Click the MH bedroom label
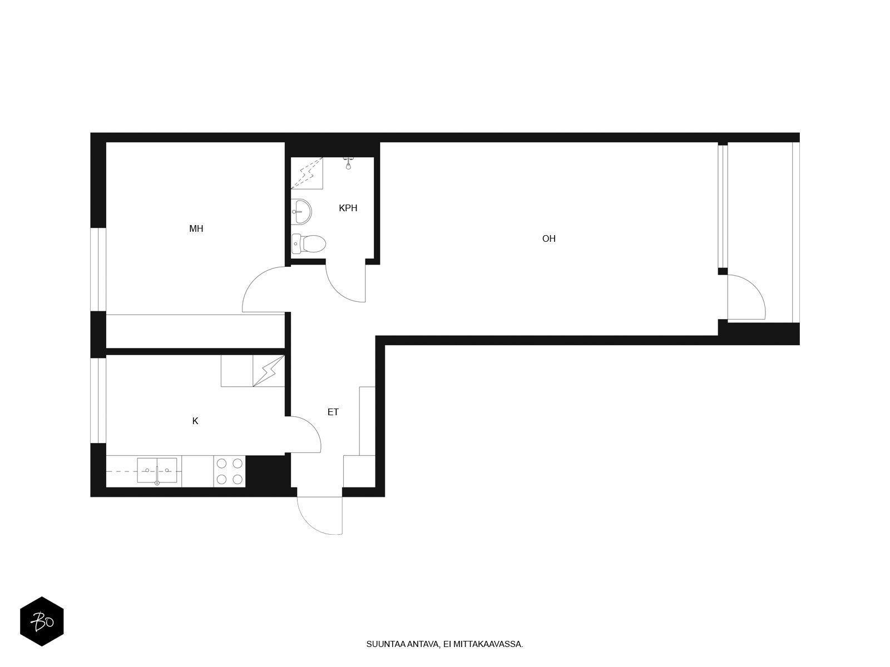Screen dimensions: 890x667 [x=196, y=229]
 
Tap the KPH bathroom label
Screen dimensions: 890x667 [x=348, y=208]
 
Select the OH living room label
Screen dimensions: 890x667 [x=548, y=239]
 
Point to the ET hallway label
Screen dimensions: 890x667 [x=333, y=412]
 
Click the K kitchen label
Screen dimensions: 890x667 [x=195, y=421]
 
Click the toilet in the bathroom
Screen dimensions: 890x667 [x=309, y=244]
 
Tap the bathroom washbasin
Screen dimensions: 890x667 [x=301, y=211]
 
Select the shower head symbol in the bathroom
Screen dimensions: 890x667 [x=348, y=163]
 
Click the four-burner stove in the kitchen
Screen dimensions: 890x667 [x=230, y=471]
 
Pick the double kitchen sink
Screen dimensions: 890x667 [x=157, y=471]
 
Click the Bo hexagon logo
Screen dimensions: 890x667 [x=42, y=621]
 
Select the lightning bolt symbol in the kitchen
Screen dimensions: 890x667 [x=269, y=371]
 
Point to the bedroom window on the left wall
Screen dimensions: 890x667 [x=98, y=270]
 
